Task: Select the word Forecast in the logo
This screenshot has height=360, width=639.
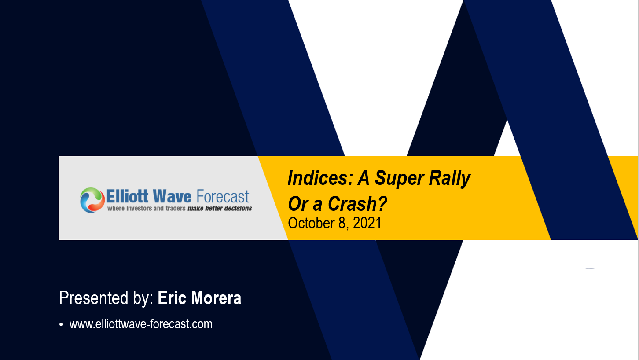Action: tap(223, 196)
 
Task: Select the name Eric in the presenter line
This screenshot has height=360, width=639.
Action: tap(173, 298)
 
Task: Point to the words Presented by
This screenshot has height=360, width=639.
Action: tap(106, 298)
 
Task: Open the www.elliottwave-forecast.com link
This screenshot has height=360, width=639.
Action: tap(141, 324)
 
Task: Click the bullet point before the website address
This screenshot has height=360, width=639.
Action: tap(62, 325)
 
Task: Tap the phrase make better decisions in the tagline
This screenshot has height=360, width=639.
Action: tap(220, 208)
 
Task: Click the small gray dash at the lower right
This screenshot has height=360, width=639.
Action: tap(590, 268)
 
